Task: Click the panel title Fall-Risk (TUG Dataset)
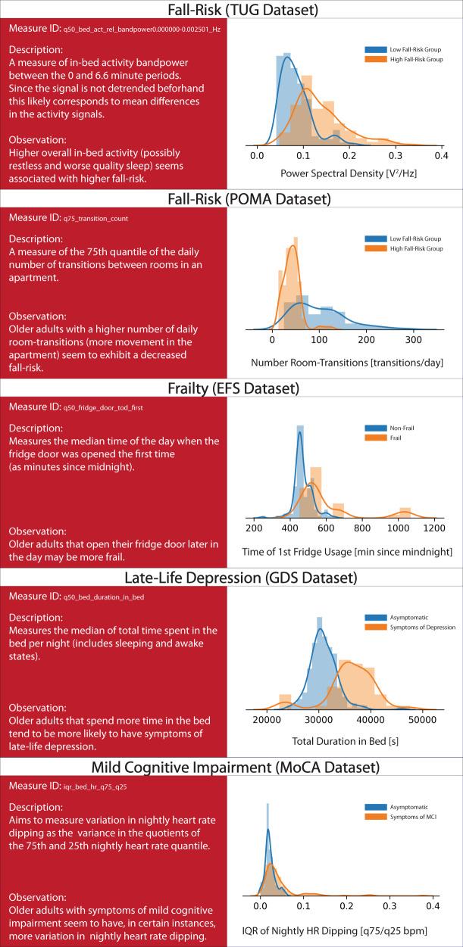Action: coord(231,10)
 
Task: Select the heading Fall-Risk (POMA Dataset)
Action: coord(231,200)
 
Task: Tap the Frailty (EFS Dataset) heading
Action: coord(231,389)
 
